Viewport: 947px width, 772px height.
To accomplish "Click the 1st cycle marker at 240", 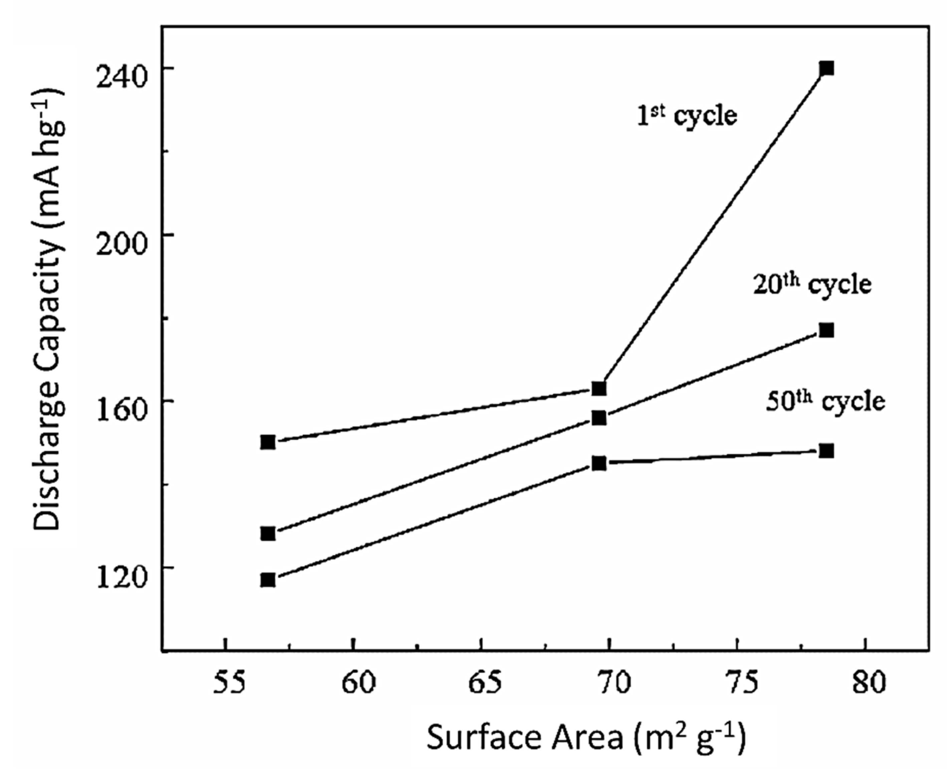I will coord(826,68).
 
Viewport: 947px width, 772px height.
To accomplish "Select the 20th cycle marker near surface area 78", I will coord(826,331).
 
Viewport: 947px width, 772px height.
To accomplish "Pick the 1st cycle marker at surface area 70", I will coord(599,389).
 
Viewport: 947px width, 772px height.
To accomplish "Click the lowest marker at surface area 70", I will coord(599,464).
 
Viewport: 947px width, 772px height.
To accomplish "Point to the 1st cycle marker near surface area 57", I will coord(268,442).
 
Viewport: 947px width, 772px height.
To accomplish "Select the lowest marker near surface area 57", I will coord(268,580).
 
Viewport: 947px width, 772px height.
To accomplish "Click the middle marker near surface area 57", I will coord(268,534).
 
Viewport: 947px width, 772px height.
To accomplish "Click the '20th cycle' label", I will coord(812,284).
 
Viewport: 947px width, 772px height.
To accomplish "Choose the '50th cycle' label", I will coord(825,402).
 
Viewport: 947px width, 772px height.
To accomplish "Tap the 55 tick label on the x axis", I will coord(229,683).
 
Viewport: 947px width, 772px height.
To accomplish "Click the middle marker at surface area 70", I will coord(599,418).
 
